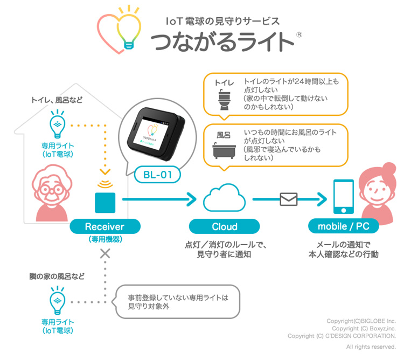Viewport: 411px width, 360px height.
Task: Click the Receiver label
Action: tap(105, 227)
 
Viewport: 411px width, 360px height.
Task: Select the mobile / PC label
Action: tap(343, 227)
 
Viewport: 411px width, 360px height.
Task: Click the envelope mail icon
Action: tap(288, 199)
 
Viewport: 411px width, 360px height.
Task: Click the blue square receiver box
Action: tap(105, 202)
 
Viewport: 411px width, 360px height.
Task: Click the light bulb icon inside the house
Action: tap(57, 125)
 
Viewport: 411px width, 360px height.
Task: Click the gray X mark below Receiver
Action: tap(105, 253)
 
